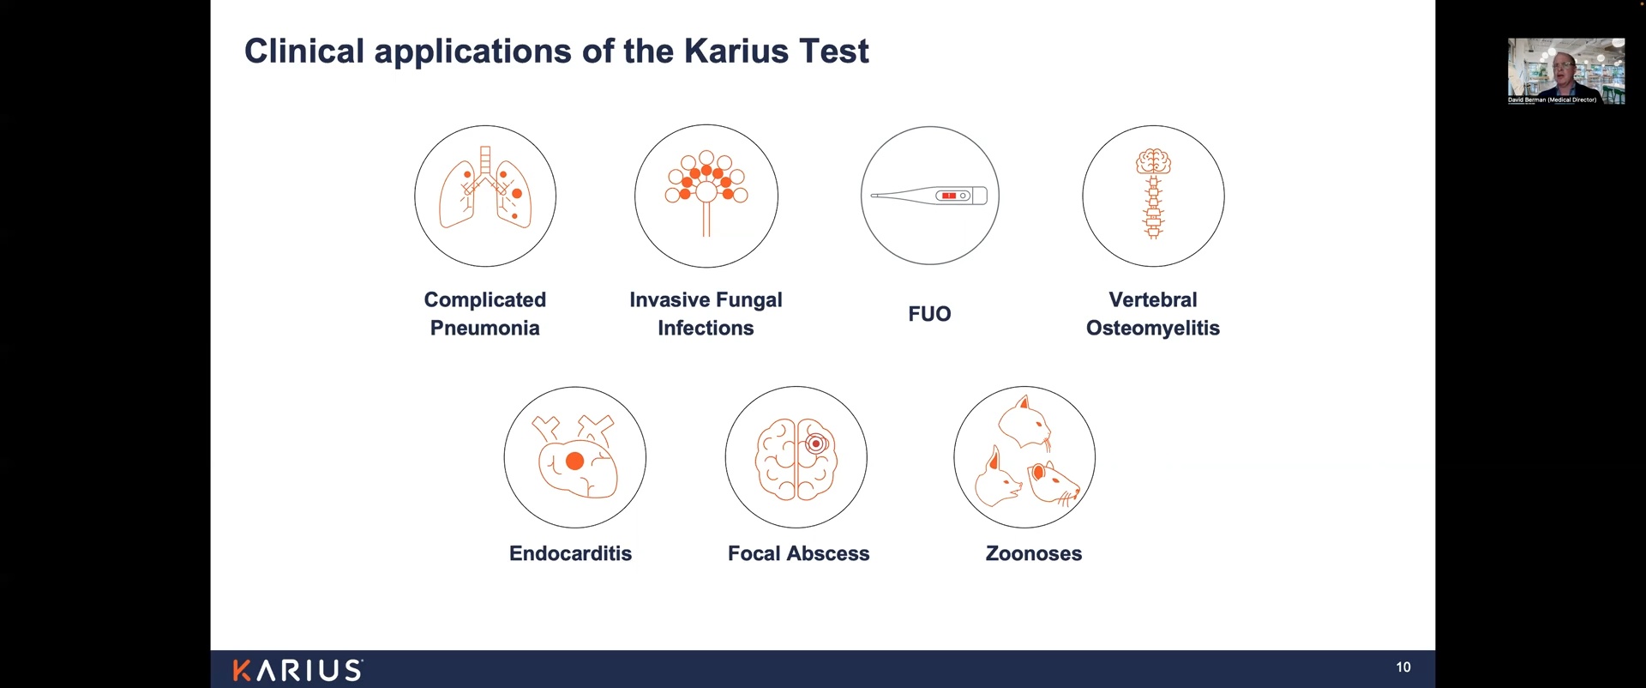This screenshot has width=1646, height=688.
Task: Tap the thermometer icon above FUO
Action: [930, 196]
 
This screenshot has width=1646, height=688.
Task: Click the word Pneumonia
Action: [484, 328]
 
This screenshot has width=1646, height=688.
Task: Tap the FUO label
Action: [929, 313]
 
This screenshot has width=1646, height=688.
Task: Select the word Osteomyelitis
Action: [1152, 328]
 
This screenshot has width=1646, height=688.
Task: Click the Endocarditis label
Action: [570, 553]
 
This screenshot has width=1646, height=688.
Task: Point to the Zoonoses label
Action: [1034, 553]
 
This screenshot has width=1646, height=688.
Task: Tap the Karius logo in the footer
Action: [297, 670]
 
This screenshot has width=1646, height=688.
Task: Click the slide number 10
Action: [1403, 667]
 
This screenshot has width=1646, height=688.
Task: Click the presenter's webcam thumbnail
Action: [1566, 71]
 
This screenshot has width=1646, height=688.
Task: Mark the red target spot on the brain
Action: [816, 444]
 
